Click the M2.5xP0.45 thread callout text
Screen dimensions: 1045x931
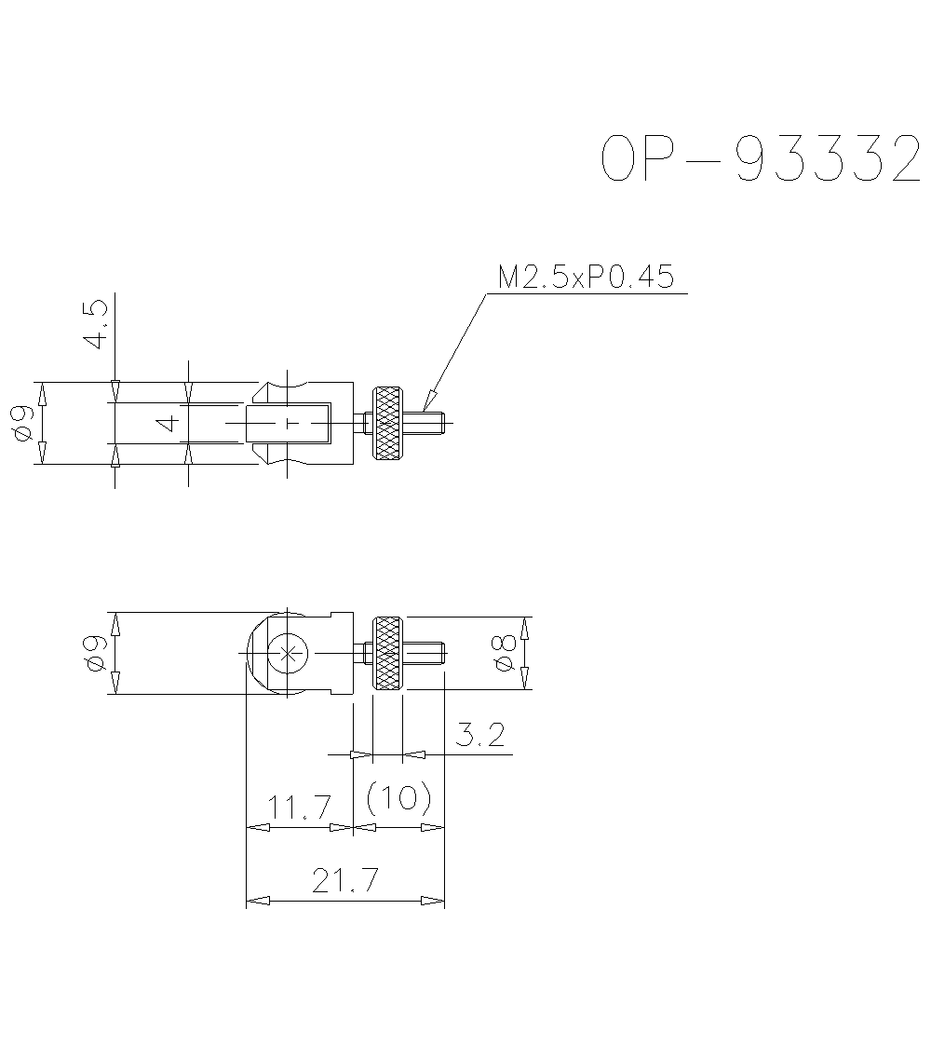pyautogui.click(x=586, y=278)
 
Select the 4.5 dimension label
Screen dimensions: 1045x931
pyautogui.click(x=96, y=324)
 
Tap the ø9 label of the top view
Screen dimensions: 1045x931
pyautogui.click(x=25, y=423)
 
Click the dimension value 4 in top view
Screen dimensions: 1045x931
pyautogui.click(x=169, y=424)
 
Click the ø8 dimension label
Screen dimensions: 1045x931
pyautogui.click(x=504, y=652)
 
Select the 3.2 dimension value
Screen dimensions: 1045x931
pyautogui.click(x=481, y=735)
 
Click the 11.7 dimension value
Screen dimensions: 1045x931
pyautogui.click(x=301, y=807)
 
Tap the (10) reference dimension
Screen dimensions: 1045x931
pyautogui.click(x=399, y=797)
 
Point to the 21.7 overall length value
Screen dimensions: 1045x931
pyautogui.click(x=345, y=880)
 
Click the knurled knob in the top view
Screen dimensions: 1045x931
pyautogui.click(x=387, y=424)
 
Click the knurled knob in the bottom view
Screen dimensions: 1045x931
pyautogui.click(x=387, y=653)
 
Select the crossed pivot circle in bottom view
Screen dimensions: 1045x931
pyautogui.click(x=290, y=653)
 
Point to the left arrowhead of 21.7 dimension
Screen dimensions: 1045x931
pyautogui.click(x=255, y=901)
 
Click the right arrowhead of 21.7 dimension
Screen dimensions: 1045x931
pyautogui.click(x=435, y=901)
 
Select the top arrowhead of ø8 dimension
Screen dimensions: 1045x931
pyautogui.click(x=525, y=626)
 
